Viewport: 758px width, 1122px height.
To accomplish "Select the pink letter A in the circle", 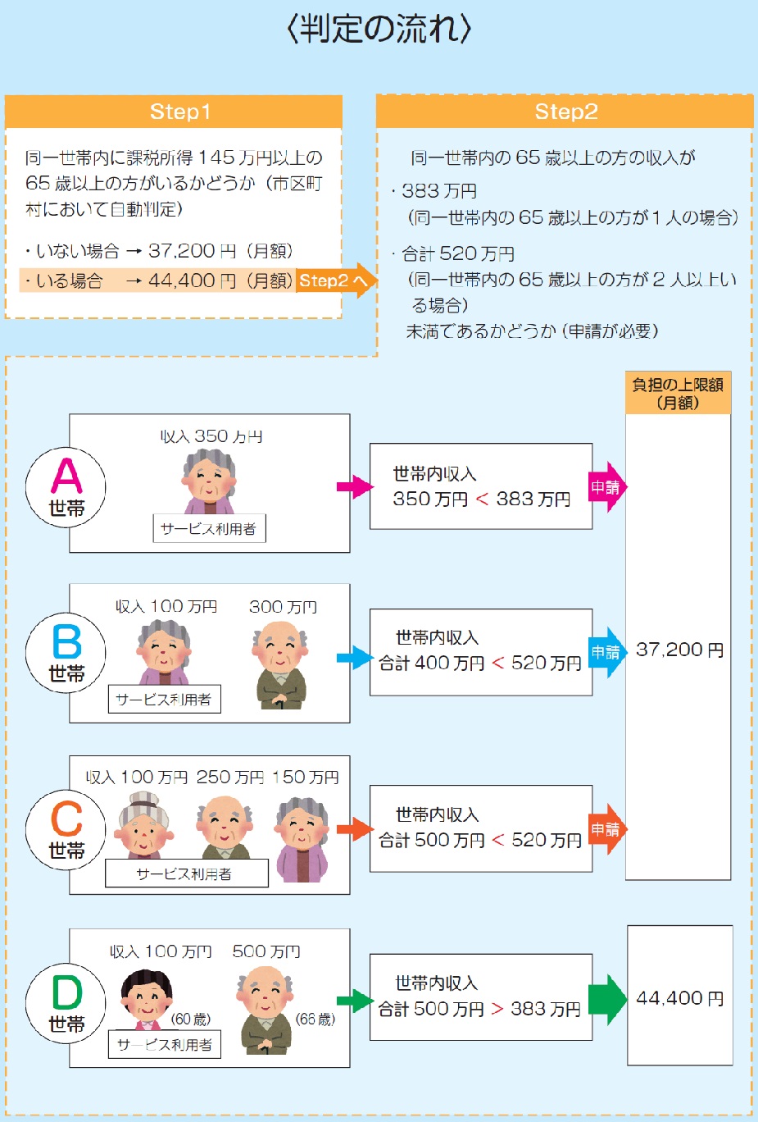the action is [66, 475].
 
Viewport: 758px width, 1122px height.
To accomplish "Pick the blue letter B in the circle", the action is [66, 641].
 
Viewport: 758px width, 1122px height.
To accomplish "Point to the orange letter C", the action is [66, 818].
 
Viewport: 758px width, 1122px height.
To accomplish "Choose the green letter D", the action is [67, 992].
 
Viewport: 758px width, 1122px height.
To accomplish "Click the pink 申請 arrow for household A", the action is [607, 487].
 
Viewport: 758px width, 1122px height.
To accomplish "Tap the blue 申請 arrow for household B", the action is [607, 652].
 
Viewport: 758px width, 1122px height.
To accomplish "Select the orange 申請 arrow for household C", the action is [607, 829].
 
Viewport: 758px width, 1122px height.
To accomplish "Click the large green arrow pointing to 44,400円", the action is [607, 1000].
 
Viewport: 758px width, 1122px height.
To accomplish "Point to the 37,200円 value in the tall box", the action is [679, 650].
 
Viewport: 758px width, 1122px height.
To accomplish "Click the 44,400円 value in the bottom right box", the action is [680, 998].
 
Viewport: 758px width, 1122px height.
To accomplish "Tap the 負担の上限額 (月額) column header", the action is [678, 393].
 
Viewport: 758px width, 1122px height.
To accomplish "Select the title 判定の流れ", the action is [379, 28].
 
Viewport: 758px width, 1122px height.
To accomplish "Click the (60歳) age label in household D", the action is [191, 1019].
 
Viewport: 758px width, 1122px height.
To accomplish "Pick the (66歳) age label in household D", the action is [315, 1019].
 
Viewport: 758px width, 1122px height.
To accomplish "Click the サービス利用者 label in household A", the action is [209, 528].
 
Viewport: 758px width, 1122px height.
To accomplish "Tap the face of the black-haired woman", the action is [146, 995].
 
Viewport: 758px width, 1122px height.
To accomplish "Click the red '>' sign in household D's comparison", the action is [497, 1008].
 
